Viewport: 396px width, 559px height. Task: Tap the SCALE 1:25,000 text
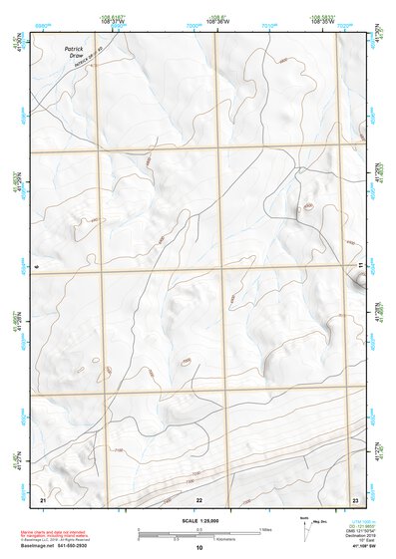198,521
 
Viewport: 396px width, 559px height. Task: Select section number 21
43,498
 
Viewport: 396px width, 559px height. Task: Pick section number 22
199,498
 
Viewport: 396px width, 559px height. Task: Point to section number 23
355,498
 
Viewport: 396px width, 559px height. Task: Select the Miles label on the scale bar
266,529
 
